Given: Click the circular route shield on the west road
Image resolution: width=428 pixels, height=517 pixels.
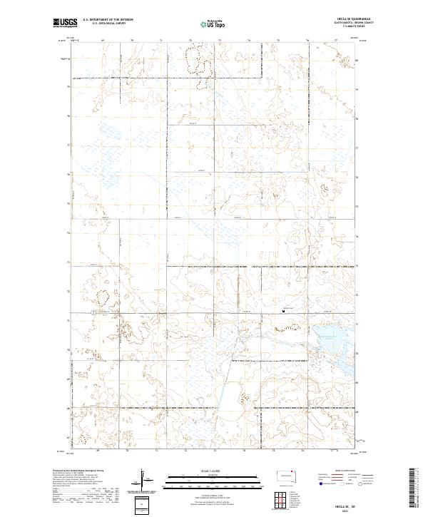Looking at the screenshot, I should click(x=93, y=312).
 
